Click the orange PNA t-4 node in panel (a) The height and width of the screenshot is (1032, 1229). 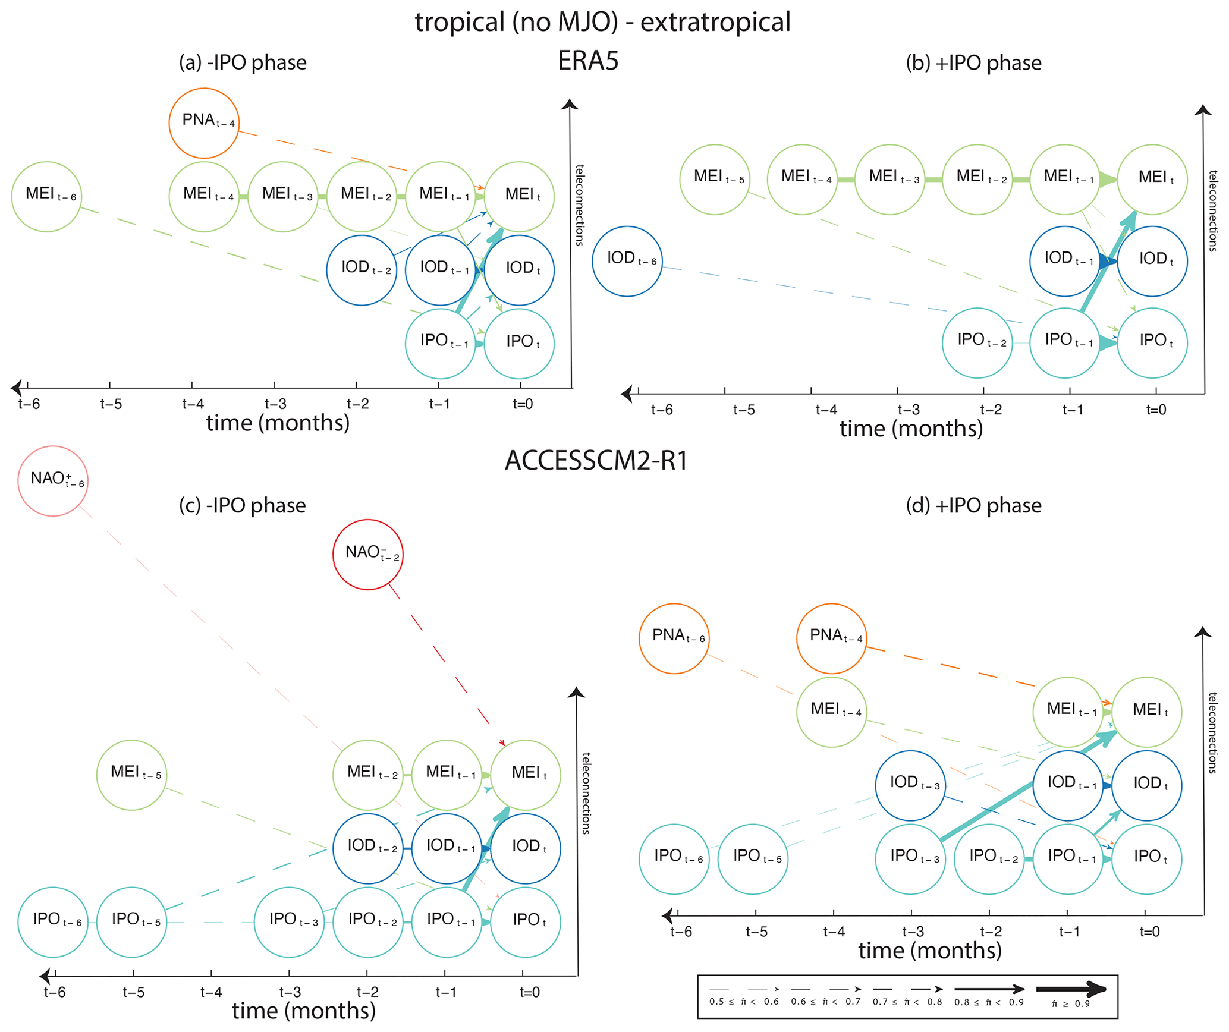(204, 123)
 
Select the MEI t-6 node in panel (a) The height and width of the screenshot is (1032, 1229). (46, 196)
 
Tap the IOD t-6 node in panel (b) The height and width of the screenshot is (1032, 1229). (627, 260)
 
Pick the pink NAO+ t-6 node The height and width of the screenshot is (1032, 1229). (53, 481)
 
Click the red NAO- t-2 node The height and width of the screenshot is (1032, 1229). (367, 554)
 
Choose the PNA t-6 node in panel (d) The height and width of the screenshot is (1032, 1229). (674, 638)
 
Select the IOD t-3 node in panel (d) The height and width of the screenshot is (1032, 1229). (910, 785)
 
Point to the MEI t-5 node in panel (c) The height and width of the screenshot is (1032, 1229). (131, 775)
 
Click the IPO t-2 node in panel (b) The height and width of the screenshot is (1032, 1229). (977, 342)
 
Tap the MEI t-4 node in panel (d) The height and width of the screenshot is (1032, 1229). (831, 712)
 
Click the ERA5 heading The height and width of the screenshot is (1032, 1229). (588, 61)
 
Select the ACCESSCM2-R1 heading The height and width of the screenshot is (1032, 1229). (596, 461)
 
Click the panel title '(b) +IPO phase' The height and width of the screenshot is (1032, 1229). (973, 63)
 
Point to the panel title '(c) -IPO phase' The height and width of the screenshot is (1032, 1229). (243, 505)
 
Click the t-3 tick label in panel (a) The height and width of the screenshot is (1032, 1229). (275, 404)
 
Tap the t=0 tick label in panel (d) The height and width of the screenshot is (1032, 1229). (1149, 932)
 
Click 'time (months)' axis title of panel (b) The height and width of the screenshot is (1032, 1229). (911, 429)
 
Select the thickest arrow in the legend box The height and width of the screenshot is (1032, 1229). (1070, 990)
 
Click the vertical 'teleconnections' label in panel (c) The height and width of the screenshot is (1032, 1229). (586, 794)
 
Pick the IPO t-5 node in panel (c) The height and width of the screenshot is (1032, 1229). (131, 921)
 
